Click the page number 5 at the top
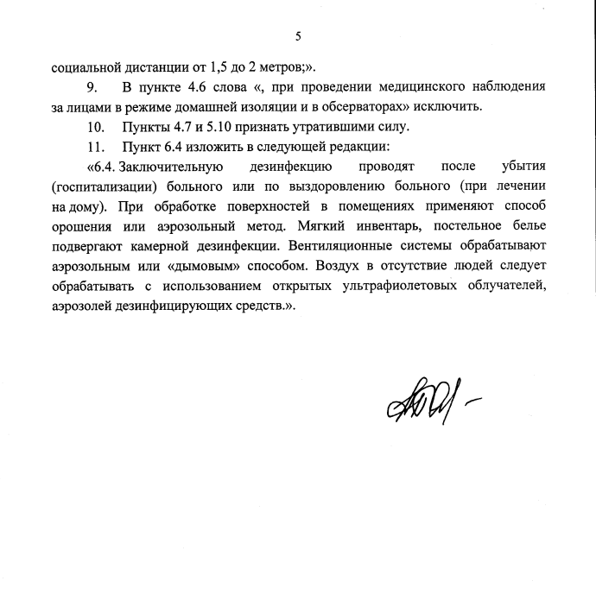[x=298, y=36]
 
